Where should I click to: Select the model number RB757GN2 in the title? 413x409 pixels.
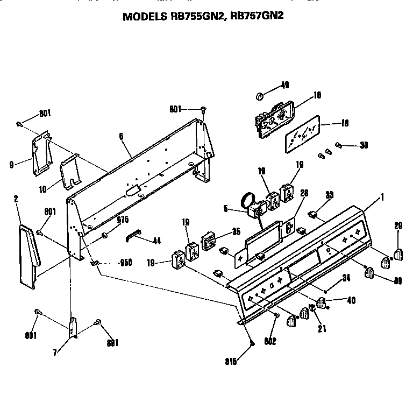coord(256,16)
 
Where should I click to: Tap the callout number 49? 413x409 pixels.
coord(284,85)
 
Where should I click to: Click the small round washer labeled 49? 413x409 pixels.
coord(259,96)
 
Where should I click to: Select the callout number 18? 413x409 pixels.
coord(344,123)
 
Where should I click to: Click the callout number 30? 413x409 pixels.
coord(364,144)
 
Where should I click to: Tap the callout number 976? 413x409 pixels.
coord(123,219)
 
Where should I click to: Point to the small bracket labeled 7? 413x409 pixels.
coord(73,328)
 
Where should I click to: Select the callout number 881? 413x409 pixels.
coord(111,342)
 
